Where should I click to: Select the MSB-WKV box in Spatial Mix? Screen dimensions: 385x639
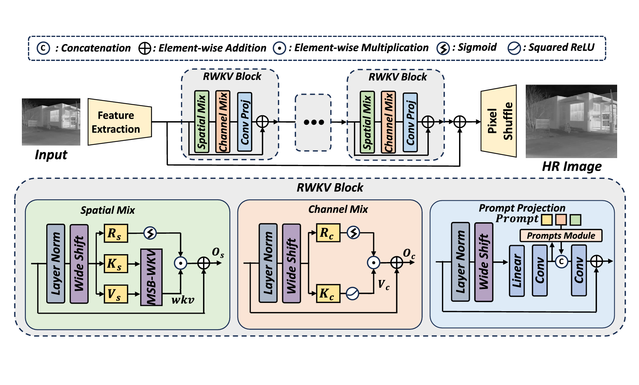[x=151, y=277]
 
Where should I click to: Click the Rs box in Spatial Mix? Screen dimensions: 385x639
[x=115, y=233]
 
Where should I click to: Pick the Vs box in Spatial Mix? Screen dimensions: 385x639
[x=115, y=294]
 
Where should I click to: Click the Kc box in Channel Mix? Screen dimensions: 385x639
[x=328, y=294]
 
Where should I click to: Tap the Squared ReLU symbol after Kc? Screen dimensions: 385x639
[x=352, y=294]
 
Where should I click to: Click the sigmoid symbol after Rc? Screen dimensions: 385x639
[x=354, y=233]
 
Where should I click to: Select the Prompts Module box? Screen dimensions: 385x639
[x=561, y=236]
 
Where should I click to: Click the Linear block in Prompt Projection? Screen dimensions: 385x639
[x=517, y=271]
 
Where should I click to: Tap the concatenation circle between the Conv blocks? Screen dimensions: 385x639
[x=562, y=262]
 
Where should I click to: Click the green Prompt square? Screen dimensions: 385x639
[x=575, y=219]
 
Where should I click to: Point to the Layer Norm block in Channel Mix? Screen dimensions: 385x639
[x=268, y=263]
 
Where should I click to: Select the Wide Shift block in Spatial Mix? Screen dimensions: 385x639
[x=79, y=264]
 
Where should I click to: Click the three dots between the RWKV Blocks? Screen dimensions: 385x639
[x=313, y=122]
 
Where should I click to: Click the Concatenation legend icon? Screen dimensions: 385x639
[x=43, y=48]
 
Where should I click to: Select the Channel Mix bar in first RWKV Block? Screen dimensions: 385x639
[x=223, y=122]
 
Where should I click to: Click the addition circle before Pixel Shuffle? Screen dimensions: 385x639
[x=460, y=122]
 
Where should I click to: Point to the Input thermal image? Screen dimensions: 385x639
[x=51, y=122]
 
